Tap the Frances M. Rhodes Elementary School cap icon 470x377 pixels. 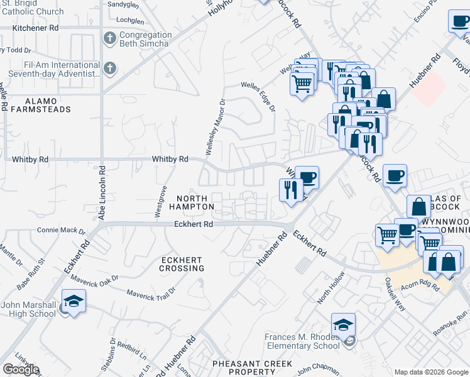[343, 324]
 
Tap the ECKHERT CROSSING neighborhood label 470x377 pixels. [182, 264]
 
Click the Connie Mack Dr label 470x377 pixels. [60, 230]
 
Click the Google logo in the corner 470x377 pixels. [21, 369]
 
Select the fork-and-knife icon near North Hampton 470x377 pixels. [290, 189]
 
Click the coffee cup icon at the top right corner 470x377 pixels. [459, 23]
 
